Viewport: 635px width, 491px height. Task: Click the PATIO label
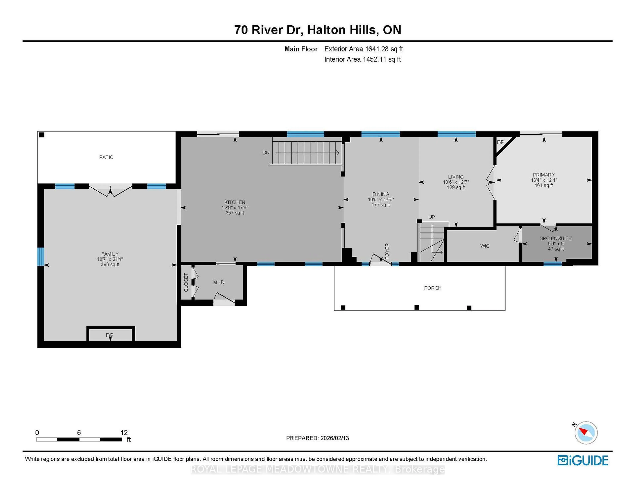point(106,157)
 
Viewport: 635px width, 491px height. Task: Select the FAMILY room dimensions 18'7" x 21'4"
point(110,259)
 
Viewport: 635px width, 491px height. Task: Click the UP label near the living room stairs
point(431,217)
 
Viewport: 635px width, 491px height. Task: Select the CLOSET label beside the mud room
point(186,282)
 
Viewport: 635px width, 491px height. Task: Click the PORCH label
point(433,288)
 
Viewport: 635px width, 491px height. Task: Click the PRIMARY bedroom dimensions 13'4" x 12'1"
point(544,180)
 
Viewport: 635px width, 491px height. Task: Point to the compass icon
point(586,433)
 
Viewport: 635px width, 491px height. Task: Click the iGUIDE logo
point(583,460)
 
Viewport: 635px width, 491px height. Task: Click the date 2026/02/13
point(334,438)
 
